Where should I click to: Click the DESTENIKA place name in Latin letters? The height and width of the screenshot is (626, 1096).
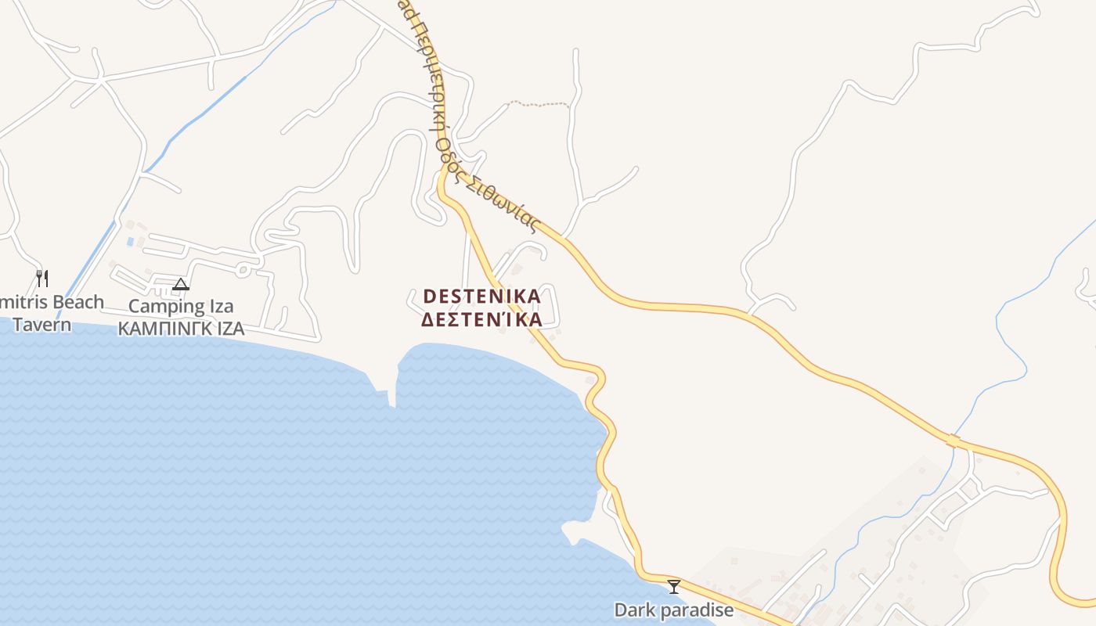coord(481,297)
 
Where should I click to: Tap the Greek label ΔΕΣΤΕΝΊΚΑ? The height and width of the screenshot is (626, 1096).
coord(481,320)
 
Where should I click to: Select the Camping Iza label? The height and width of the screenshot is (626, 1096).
coord(181,306)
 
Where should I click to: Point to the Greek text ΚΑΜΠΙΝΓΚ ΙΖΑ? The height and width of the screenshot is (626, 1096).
coord(181,329)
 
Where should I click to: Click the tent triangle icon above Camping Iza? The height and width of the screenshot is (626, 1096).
coord(181,284)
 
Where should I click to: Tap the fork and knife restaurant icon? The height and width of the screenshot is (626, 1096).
coord(42,278)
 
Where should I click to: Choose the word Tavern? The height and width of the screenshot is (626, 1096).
coord(42,325)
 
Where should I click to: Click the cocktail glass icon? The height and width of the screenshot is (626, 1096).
coord(673,586)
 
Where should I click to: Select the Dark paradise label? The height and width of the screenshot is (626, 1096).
coord(673,610)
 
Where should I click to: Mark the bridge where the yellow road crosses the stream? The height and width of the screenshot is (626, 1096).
coord(953,441)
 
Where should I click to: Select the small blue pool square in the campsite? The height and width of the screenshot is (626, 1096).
coord(130,242)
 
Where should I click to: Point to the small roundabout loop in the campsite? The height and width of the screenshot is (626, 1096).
coord(243,270)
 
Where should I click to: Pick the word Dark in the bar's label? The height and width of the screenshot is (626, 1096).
coord(631,610)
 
